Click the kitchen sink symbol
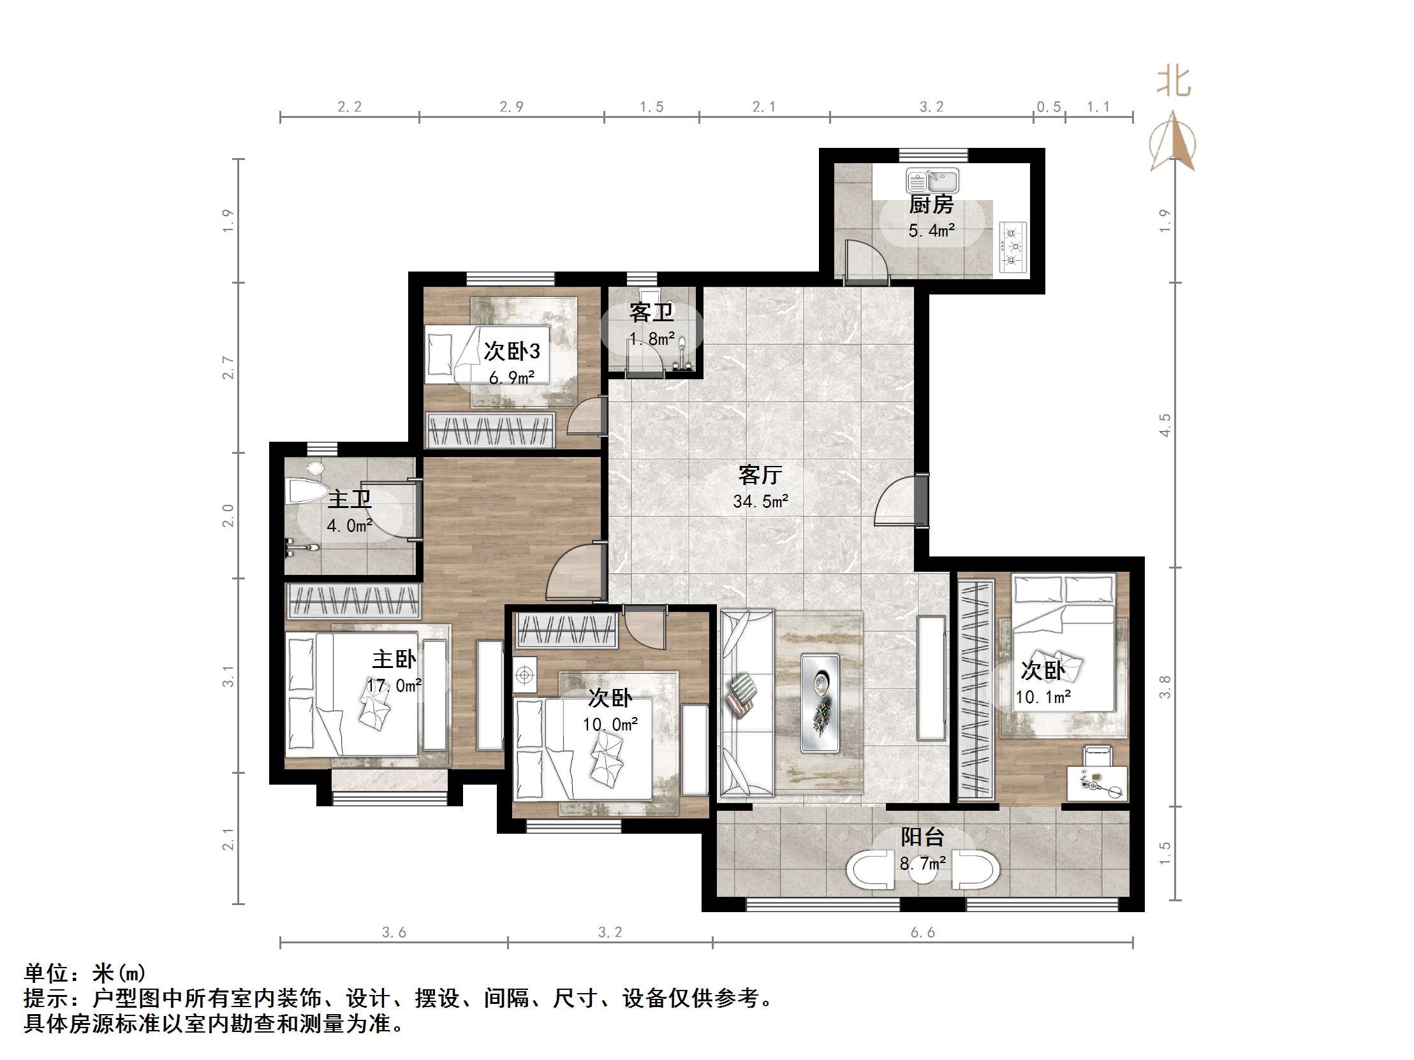coord(932,181)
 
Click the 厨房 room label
coord(931,205)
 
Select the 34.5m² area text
coord(760,502)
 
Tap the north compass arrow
coord(1173,142)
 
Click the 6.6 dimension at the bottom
coord(922,933)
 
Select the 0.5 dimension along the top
coord(1049,106)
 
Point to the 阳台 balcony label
coord(922,837)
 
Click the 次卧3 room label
coord(512,351)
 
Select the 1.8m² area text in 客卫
coord(652,339)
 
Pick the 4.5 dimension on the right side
coord(1165,426)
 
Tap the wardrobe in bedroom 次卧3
coord(490,430)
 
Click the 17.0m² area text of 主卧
coord(394,686)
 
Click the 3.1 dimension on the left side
coord(228,677)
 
